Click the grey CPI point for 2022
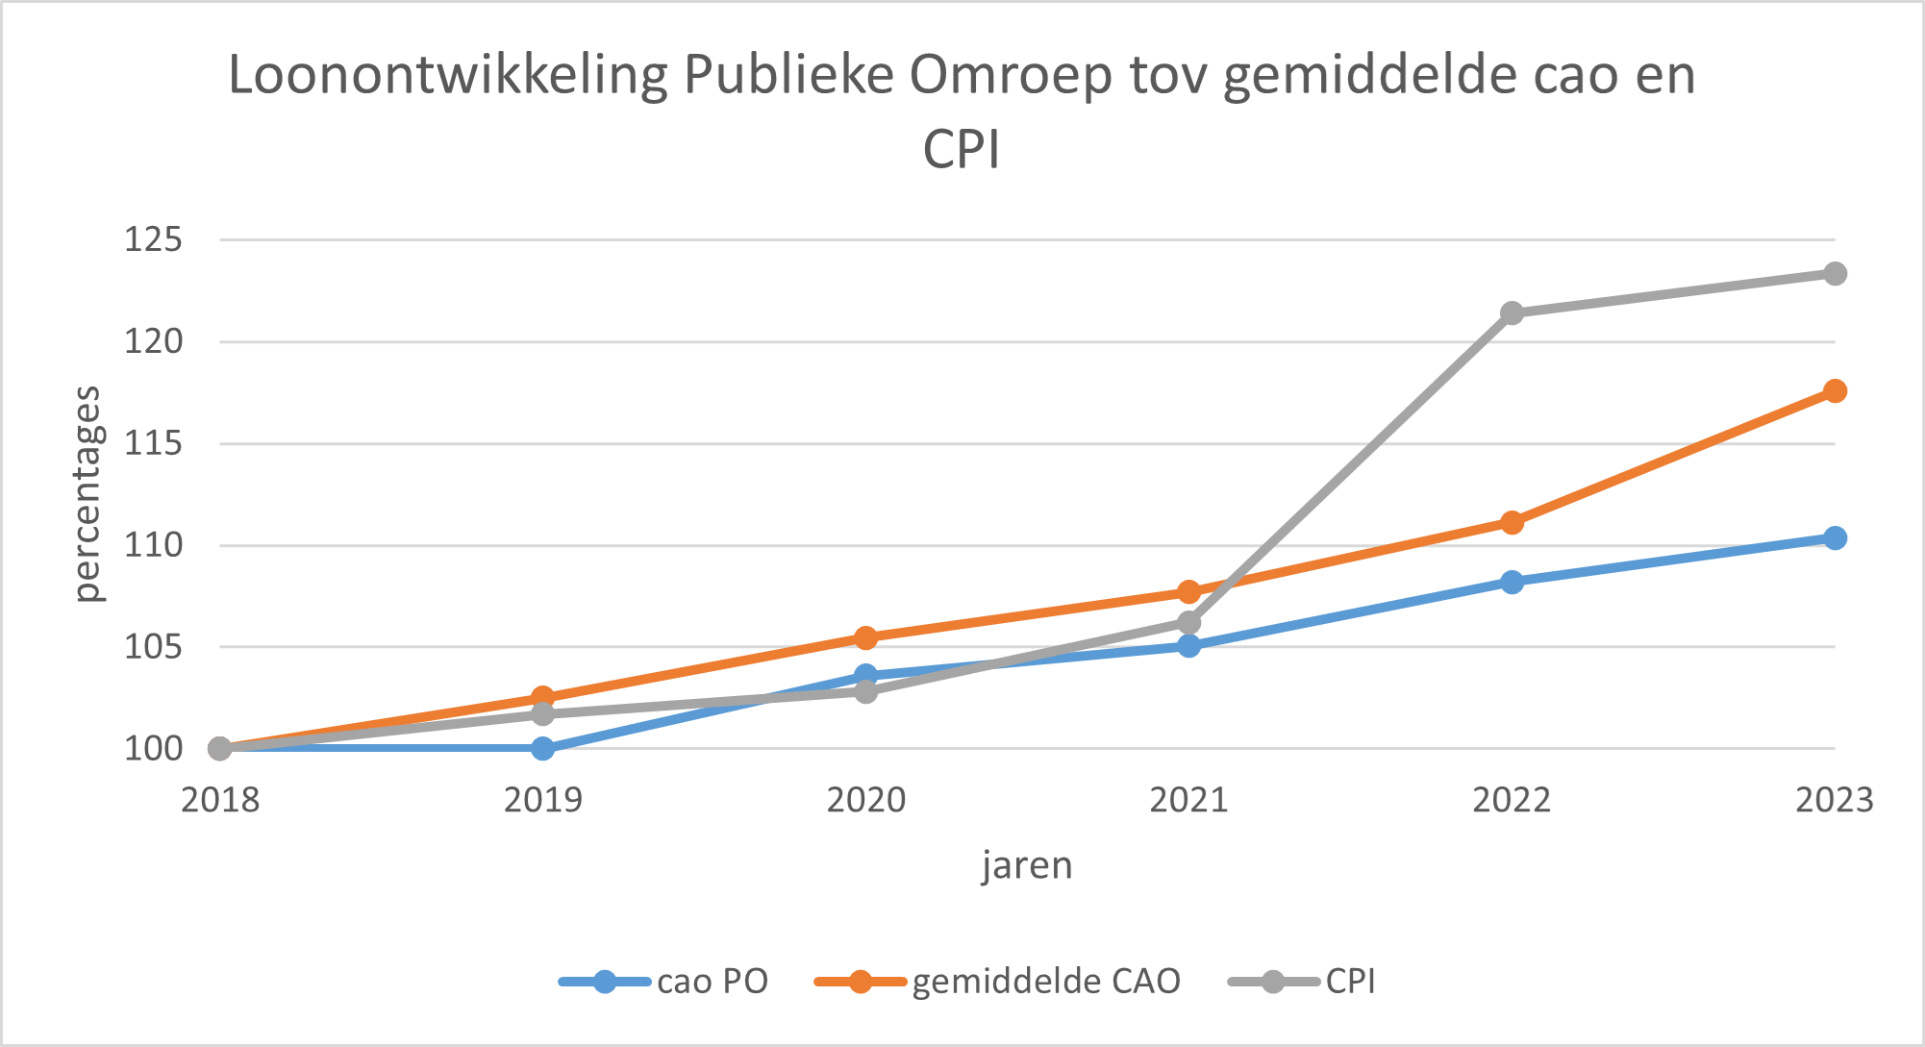(1512, 313)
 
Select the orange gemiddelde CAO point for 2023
(1835, 390)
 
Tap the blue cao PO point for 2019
(542, 748)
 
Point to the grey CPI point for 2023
(1835, 274)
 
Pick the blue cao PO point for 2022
(1512, 582)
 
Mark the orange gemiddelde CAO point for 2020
(865, 637)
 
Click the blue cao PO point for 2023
(1835, 537)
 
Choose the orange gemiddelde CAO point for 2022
(1512, 522)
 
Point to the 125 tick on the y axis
(153, 239)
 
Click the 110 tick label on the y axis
(153, 545)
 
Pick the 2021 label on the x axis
(1188, 800)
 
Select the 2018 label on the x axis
(220, 800)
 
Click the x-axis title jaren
(1027, 865)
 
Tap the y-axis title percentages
(87, 493)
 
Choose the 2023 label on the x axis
(1835, 800)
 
